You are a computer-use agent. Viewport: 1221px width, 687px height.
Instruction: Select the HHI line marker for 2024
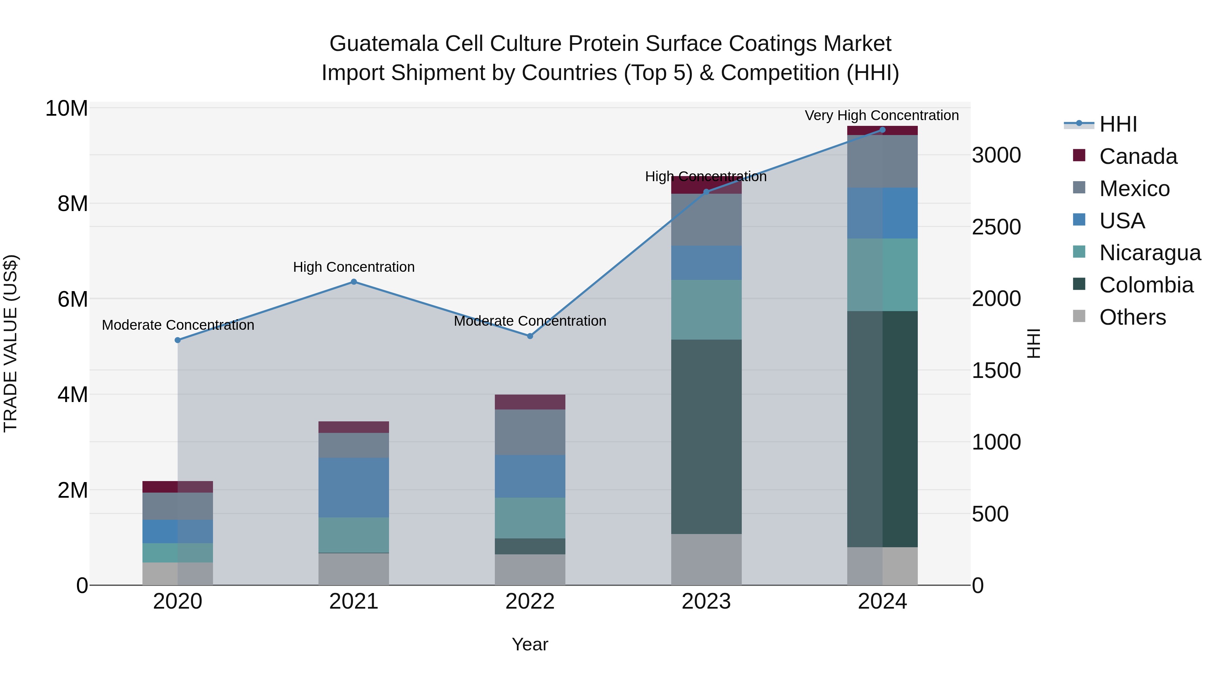point(882,130)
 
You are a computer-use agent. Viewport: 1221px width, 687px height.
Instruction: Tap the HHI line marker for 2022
point(530,336)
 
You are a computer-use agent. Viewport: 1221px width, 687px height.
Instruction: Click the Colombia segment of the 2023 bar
point(706,436)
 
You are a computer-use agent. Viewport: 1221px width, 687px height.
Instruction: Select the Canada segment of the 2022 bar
point(530,402)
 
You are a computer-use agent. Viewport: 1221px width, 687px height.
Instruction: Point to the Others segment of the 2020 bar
point(178,574)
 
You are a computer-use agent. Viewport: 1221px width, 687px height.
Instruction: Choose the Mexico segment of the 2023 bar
point(706,220)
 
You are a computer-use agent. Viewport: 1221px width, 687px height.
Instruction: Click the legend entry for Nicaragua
point(1150,253)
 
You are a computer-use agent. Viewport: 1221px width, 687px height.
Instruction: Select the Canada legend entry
point(1138,156)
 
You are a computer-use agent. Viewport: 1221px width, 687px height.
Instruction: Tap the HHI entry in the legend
point(1118,124)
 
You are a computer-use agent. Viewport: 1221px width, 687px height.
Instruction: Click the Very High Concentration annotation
point(881,115)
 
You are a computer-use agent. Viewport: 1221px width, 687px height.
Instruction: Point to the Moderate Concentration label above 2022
point(530,321)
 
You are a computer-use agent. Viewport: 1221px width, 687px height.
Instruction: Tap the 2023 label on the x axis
point(706,602)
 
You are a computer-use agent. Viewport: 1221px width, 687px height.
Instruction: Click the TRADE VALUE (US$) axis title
point(11,343)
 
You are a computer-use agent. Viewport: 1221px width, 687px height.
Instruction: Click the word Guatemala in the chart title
point(384,44)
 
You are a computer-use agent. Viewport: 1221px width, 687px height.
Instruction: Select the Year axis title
point(530,644)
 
